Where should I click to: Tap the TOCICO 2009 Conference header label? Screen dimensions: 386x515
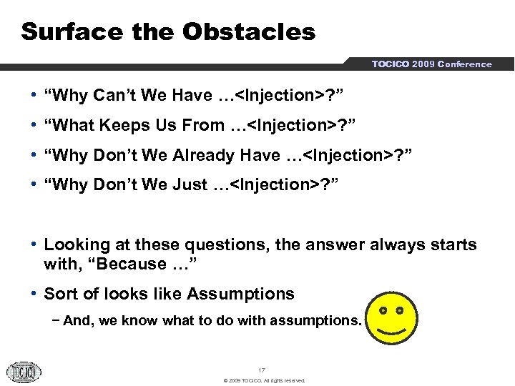431,64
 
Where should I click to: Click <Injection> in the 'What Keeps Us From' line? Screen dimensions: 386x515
289,125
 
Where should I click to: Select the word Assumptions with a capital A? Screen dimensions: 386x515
241,294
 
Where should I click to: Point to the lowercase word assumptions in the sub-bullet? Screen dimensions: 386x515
315,321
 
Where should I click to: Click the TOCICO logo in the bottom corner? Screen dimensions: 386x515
25,371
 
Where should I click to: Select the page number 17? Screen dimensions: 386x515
262,370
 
